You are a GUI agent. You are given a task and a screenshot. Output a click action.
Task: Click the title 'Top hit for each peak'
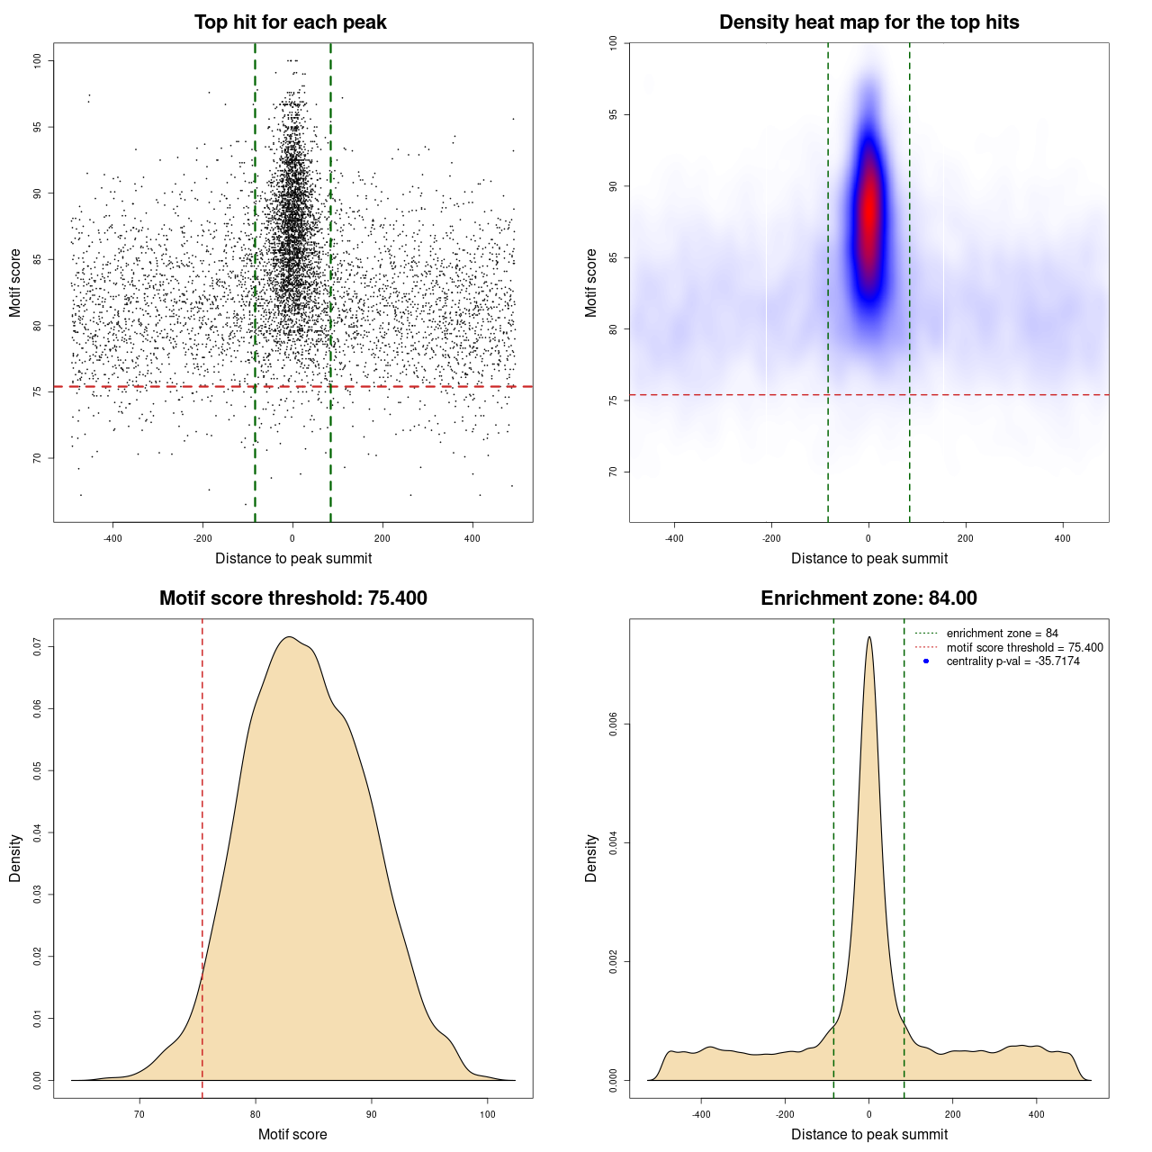coord(290,22)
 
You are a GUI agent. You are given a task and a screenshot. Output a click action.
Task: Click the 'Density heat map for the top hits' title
coord(868,22)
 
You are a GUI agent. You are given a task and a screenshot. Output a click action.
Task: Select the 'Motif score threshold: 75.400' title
coord(292,598)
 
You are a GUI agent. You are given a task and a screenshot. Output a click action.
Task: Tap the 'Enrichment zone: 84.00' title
coord(868,598)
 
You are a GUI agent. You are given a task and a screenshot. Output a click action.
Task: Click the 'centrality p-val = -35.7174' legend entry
coord(1012,661)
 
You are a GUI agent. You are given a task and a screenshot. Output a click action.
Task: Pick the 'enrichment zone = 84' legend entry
coord(1002,634)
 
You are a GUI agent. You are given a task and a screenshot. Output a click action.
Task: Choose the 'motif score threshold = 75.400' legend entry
coord(1024,648)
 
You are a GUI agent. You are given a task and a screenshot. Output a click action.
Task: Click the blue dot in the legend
coord(926,661)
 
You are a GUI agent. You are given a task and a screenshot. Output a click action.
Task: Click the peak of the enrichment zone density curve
coord(868,637)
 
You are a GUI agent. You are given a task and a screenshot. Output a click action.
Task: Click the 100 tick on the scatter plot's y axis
coord(38,60)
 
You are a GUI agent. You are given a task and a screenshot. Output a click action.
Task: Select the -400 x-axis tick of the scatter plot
coord(112,538)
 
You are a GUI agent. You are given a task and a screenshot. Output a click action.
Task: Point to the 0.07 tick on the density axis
coord(38,646)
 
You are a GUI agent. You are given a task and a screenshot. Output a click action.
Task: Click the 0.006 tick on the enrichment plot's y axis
coord(614,724)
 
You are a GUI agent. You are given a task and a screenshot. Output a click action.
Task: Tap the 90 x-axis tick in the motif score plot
coord(372,1114)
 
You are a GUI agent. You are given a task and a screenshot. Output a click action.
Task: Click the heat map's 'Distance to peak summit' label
coord(868,559)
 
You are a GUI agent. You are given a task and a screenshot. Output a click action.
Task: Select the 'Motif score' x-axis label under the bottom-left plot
coord(292,1134)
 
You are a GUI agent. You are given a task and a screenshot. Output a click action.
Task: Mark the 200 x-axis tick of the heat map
coord(966,538)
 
